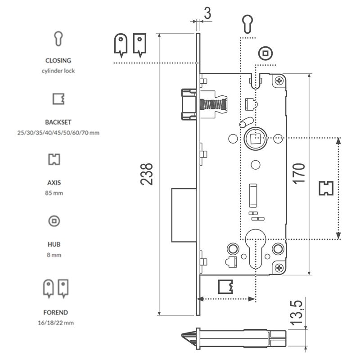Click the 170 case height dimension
click(301, 172)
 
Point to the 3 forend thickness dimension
click(207, 13)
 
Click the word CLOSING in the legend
click(58, 60)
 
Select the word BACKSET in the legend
click(58, 122)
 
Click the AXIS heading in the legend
click(54, 183)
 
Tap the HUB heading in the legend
click(54, 245)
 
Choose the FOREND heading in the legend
click(56, 312)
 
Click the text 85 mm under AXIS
click(54, 193)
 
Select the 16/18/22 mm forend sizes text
click(56, 323)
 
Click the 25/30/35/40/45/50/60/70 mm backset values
click(58, 133)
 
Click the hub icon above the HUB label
click(54, 221)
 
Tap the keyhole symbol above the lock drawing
click(248, 24)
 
